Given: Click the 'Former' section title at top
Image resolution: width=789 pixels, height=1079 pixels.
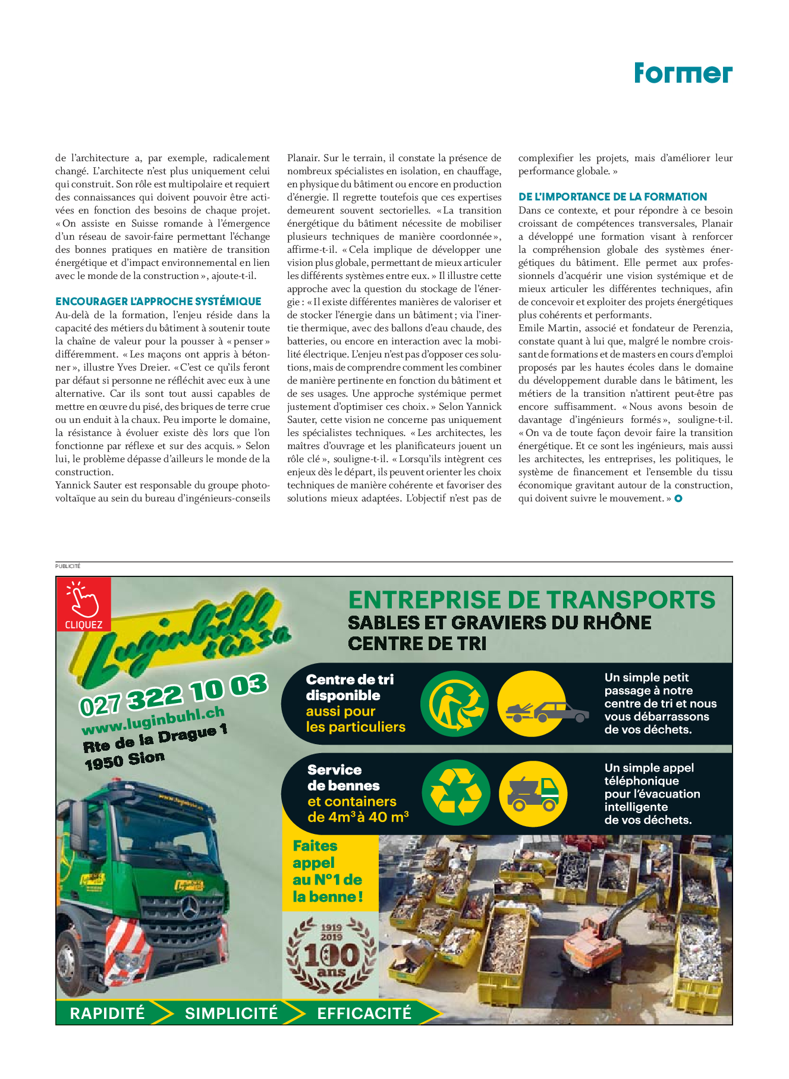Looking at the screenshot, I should click(x=683, y=73).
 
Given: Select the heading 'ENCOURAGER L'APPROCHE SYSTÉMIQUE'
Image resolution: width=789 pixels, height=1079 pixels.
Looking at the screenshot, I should click(x=158, y=302).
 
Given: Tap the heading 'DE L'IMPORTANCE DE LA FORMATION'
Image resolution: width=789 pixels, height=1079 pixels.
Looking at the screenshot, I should click(x=612, y=197).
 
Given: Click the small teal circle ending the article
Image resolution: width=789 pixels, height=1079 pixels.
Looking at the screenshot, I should click(x=678, y=498).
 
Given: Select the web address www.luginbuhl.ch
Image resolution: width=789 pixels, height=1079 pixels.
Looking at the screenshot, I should click(x=153, y=720).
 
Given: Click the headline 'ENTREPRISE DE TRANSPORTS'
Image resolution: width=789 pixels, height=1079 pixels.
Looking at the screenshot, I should click(x=532, y=600).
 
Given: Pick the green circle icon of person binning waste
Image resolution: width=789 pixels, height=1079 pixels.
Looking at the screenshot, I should click(x=455, y=704).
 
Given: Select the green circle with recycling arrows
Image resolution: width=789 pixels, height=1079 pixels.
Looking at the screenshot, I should click(x=456, y=792).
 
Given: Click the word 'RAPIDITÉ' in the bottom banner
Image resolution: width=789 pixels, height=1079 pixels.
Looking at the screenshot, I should click(x=107, y=1013).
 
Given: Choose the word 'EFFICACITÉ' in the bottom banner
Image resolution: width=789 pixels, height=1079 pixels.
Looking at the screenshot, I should click(x=364, y=1013).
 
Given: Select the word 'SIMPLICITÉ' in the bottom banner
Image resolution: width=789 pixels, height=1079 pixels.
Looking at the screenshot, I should click(x=231, y=1013).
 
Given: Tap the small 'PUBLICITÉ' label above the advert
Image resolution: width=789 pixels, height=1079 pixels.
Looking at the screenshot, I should click(x=68, y=566).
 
